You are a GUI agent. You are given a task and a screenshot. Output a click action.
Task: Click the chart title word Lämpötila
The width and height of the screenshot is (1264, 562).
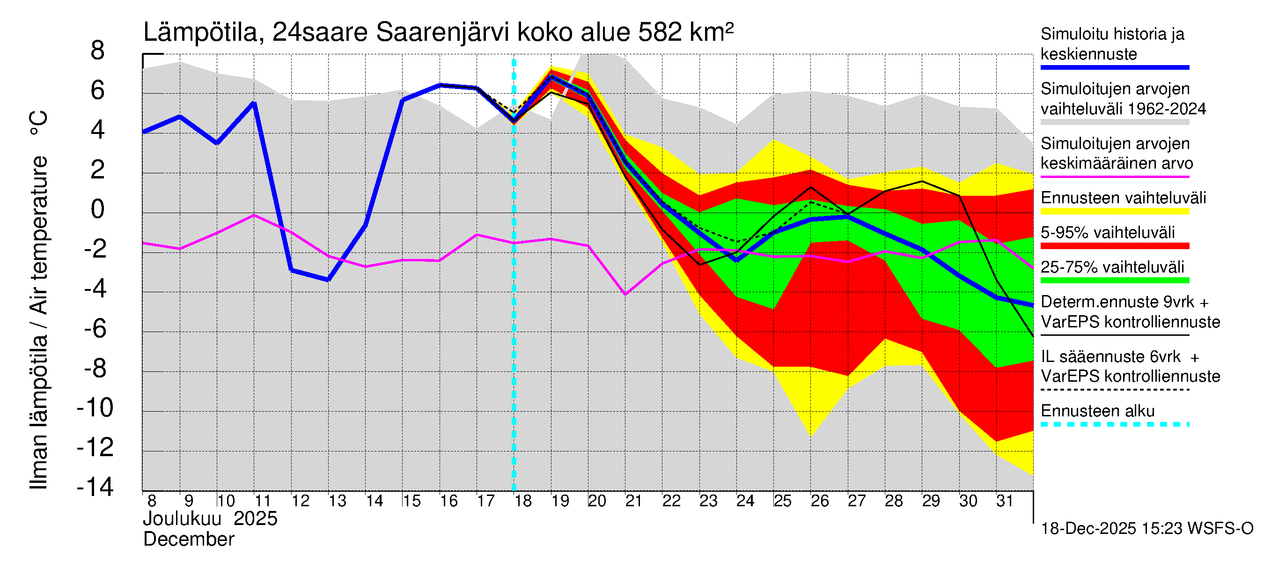tap(200, 32)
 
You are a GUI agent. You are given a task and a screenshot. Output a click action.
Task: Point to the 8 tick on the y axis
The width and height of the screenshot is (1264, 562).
tap(98, 51)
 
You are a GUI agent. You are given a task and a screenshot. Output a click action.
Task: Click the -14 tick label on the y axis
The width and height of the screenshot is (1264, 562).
tap(95, 488)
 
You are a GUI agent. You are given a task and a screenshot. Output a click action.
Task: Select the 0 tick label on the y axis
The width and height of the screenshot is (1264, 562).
tap(98, 210)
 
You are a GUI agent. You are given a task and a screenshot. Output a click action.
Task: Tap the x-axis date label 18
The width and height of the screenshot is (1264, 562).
tap(522, 501)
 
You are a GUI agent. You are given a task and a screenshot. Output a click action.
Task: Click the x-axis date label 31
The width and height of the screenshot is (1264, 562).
tap(1005, 501)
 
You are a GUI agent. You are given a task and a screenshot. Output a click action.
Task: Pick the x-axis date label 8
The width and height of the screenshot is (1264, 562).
tap(152, 501)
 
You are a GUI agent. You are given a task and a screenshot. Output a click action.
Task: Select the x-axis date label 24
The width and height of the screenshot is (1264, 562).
tap(745, 501)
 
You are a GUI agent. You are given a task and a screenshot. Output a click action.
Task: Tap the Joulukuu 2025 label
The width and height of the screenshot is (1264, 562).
tap(210, 519)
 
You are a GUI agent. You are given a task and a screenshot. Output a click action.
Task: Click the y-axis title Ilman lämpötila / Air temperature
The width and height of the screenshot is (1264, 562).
tap(38, 299)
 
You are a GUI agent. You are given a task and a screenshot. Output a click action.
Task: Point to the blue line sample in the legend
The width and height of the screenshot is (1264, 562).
tap(1115, 68)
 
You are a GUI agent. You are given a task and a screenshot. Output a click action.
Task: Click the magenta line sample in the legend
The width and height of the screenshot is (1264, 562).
tap(1115, 177)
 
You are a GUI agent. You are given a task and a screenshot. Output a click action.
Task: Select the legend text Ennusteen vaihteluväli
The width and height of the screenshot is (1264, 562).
tap(1123, 198)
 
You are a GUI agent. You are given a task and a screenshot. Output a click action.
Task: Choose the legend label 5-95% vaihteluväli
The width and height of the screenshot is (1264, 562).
tap(1108, 233)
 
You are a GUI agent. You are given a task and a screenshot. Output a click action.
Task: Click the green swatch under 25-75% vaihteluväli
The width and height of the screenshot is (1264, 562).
tap(1115, 280)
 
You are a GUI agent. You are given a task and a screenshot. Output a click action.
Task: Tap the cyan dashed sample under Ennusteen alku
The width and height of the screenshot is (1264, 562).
tap(1115, 424)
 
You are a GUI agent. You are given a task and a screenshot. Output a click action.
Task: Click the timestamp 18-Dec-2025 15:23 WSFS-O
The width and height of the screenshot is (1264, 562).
tap(1146, 529)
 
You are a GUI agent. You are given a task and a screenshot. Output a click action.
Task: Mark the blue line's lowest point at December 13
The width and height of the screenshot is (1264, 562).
tap(328, 280)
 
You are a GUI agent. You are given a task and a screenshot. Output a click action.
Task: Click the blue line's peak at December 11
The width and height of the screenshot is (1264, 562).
tap(254, 103)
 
